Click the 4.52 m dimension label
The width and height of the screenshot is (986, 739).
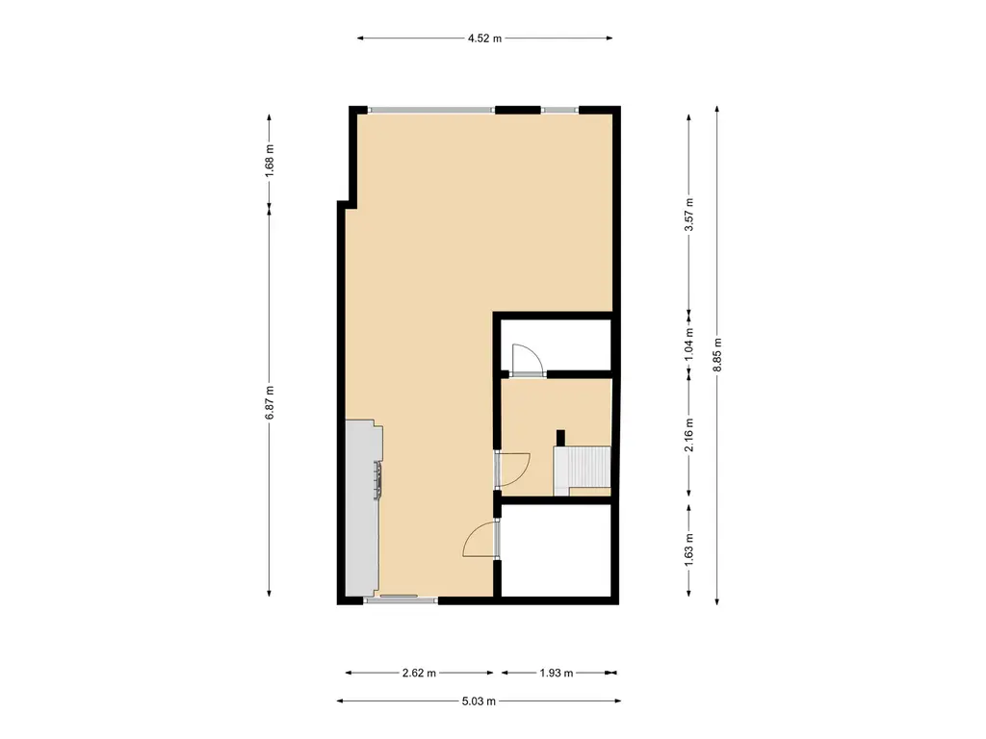484,38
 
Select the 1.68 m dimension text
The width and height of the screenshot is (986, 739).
270,161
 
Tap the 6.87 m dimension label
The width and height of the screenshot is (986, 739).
270,403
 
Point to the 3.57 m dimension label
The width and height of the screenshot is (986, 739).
689,215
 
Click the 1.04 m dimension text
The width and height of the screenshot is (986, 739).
689,344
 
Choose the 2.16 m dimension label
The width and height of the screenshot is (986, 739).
689,435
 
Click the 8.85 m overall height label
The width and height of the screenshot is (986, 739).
717,355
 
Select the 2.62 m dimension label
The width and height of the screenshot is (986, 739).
419,673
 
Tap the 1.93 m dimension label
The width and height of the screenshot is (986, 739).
556,673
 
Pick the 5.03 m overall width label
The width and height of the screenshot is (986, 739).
479,701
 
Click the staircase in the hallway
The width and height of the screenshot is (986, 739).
582,470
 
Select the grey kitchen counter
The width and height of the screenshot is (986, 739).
362,508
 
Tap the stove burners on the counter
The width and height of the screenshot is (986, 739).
377,480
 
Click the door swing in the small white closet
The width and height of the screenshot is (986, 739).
527,360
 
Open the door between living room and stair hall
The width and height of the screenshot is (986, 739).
512,470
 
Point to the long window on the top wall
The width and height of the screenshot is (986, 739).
432,110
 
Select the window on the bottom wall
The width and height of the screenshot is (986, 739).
401,600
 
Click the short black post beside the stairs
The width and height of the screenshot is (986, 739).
561,438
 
